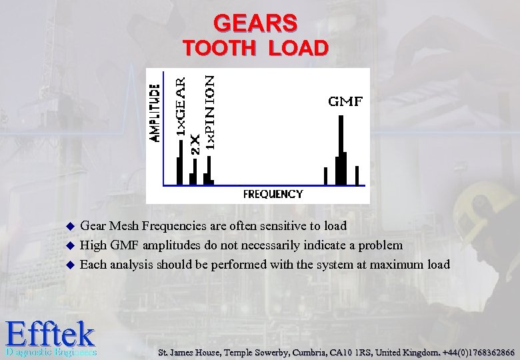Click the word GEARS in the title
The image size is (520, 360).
click(x=255, y=23)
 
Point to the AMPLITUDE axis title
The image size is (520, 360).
click(x=155, y=112)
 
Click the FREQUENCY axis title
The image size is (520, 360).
click(x=273, y=194)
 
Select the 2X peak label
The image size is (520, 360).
click(x=195, y=143)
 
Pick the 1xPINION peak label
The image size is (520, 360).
click(x=209, y=111)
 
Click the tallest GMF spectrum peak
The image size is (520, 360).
click(x=341, y=150)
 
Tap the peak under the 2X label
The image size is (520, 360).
click(x=193, y=177)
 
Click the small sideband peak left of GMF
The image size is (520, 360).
click(x=325, y=175)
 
